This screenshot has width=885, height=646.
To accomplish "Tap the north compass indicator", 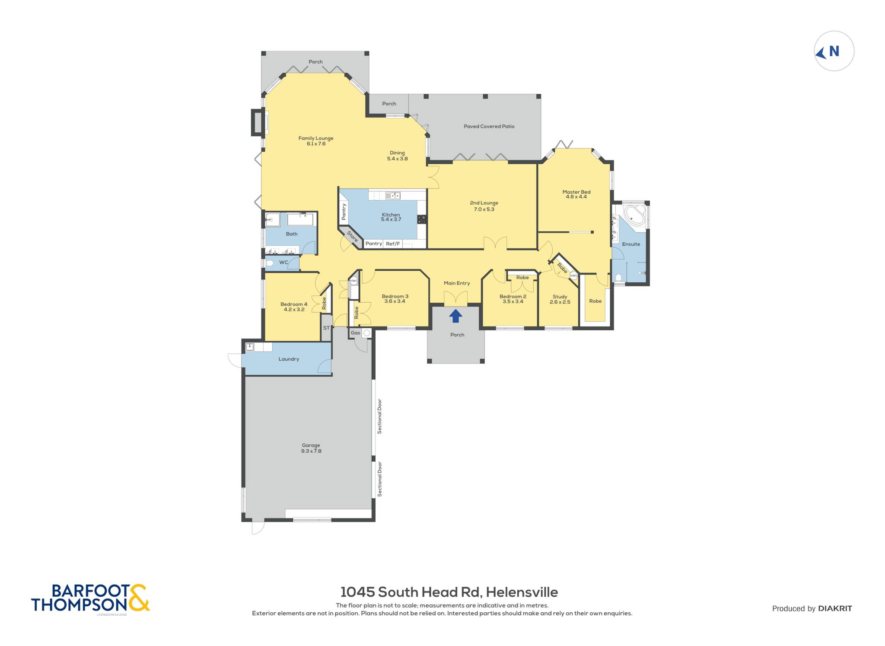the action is [x=834, y=51].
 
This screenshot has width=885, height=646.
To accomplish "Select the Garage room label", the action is [x=311, y=445].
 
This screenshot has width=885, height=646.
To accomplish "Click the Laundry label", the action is [x=289, y=359].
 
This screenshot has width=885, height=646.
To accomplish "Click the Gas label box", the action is [x=355, y=333].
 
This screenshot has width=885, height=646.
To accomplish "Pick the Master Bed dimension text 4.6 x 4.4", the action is [x=576, y=197].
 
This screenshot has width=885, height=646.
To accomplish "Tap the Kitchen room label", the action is [x=391, y=214].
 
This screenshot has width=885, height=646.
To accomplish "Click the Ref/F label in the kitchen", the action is [x=393, y=244].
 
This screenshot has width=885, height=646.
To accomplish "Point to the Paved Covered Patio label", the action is [x=489, y=126].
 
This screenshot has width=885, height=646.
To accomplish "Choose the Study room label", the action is [x=560, y=297].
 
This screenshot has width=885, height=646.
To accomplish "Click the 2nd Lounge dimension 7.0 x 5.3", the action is [x=484, y=209].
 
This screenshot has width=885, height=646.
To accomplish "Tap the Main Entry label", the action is [x=457, y=283].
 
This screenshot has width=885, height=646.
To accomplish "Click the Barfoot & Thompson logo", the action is [x=90, y=598].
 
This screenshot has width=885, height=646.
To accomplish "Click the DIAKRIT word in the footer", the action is [x=835, y=608].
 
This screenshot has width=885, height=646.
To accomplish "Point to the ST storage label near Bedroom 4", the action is [x=326, y=328].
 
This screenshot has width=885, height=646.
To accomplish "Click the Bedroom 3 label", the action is [x=395, y=296].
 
